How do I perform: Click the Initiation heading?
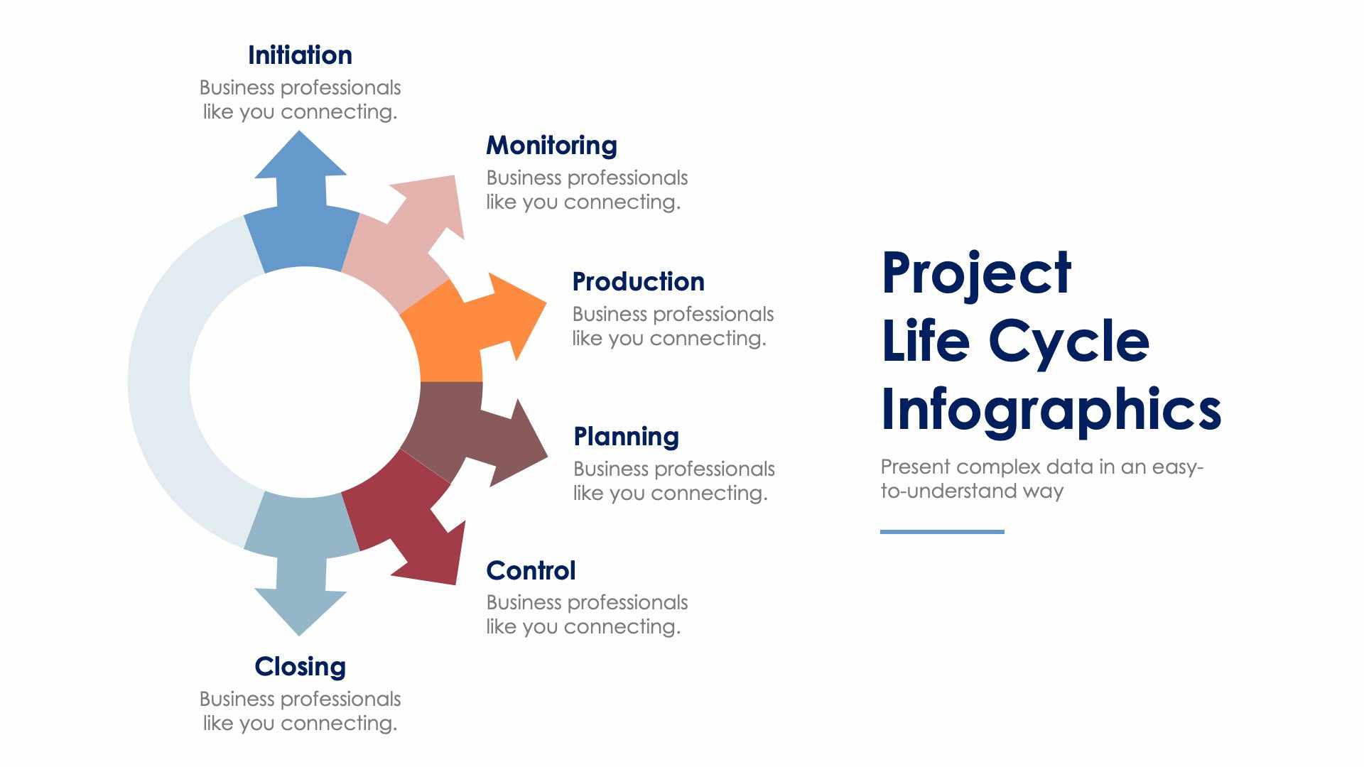click(x=300, y=55)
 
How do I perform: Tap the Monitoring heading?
click(x=551, y=146)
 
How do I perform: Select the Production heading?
click(x=638, y=282)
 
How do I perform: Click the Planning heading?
click(x=626, y=437)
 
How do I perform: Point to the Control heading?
click(x=531, y=571)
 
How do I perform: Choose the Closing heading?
click(x=300, y=667)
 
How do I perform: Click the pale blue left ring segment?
click(x=160, y=383)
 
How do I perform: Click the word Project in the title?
click(x=976, y=273)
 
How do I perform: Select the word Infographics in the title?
click(x=1051, y=410)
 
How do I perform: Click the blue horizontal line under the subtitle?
click(x=942, y=531)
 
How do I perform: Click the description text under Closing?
click(x=300, y=711)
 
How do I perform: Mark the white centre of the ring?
click(x=305, y=383)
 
